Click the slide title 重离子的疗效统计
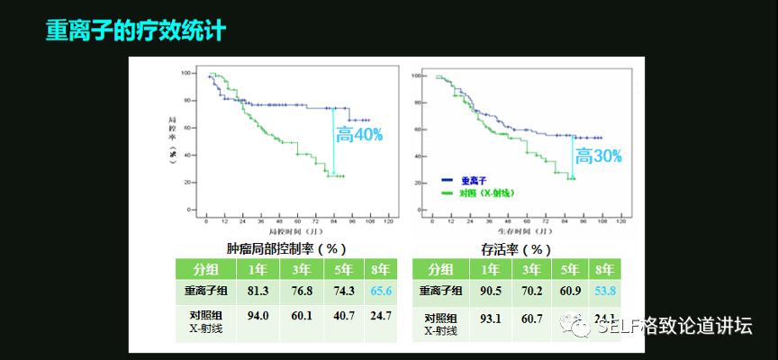pyautogui.click(x=135, y=31)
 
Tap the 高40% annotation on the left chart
pyautogui.click(x=359, y=135)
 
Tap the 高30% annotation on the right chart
pyautogui.click(x=599, y=156)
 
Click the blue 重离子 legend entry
pyautogui.click(x=472, y=181)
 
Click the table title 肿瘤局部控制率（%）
pyautogui.click(x=286, y=248)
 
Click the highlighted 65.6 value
pyautogui.click(x=382, y=292)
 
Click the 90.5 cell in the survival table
pyautogui.click(x=491, y=292)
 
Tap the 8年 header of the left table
pyautogui.click(x=382, y=269)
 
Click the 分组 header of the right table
pyautogui.click(x=440, y=269)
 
